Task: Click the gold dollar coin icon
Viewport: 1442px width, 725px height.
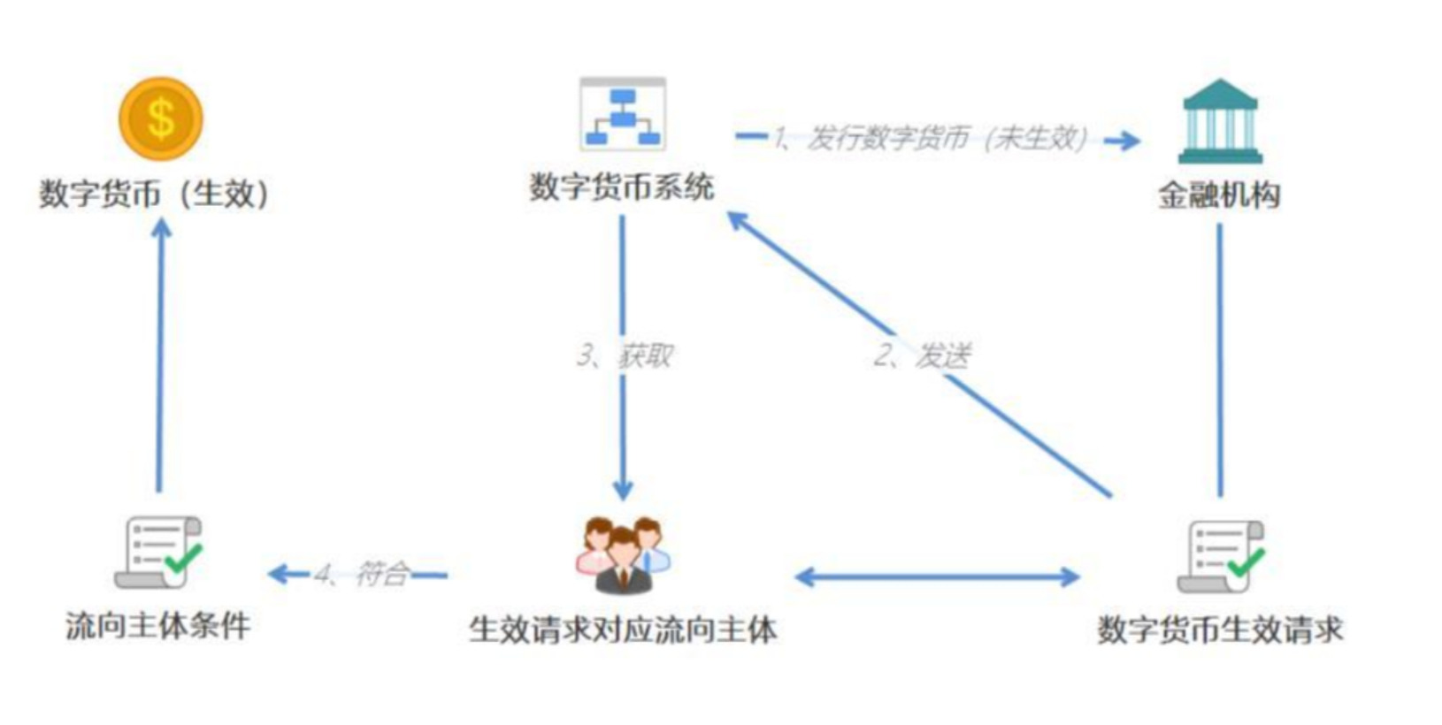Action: (161, 118)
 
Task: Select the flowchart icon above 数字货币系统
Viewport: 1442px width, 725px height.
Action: (623, 114)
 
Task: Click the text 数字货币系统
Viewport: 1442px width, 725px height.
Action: (621, 187)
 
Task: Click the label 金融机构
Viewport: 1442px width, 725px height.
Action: (1219, 195)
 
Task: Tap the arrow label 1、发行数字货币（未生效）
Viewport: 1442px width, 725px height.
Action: (929, 138)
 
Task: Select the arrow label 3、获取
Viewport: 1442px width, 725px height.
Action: (625, 355)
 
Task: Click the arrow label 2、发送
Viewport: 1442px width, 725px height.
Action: (922, 355)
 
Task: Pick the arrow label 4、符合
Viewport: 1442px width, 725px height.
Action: (363, 575)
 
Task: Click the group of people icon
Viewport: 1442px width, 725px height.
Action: (623, 555)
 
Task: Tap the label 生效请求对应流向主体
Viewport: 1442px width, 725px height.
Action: (623, 630)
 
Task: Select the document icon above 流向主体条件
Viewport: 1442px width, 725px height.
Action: (159, 553)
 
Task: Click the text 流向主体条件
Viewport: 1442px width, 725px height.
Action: (158, 626)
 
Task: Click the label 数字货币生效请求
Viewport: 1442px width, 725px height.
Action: (1220, 630)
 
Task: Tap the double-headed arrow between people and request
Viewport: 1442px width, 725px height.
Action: (938, 577)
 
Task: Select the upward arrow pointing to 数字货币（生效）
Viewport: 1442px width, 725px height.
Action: (160, 354)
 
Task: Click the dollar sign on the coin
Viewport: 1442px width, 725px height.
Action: (161, 118)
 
